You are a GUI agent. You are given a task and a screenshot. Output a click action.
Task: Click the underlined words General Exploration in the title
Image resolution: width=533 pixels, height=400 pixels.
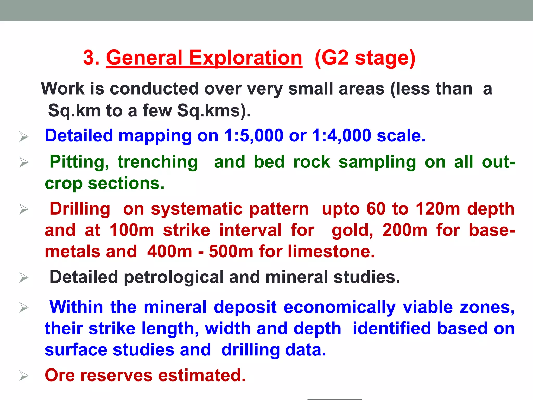(204, 58)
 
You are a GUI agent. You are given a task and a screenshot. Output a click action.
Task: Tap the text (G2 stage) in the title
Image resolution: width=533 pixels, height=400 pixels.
(365, 58)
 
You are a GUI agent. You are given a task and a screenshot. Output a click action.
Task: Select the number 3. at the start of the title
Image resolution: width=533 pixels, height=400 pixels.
(91, 58)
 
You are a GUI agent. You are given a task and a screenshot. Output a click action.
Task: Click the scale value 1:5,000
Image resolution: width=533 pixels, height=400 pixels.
(253, 136)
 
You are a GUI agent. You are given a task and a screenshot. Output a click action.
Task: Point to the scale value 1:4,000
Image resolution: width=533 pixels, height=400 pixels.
(341, 136)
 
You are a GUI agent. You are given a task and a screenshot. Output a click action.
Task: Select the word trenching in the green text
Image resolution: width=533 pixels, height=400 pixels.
(158, 162)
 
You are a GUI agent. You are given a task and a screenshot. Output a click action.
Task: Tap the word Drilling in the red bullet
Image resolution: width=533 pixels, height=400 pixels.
(80, 209)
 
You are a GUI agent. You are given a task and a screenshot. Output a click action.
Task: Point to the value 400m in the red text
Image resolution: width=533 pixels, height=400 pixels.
(169, 252)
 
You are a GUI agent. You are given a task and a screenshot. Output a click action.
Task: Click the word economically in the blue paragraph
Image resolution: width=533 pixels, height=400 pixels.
(339, 307)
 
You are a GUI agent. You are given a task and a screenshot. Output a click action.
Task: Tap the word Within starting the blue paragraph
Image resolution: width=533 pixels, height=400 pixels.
(76, 307)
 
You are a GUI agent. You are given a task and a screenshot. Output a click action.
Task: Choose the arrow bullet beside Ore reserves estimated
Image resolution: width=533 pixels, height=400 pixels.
(24, 376)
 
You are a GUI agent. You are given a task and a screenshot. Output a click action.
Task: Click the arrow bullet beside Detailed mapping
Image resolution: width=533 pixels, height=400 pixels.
(24, 136)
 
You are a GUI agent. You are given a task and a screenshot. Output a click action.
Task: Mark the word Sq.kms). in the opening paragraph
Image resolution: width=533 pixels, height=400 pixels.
(214, 111)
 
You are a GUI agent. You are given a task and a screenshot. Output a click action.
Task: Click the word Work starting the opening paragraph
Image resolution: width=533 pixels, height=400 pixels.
(63, 89)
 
